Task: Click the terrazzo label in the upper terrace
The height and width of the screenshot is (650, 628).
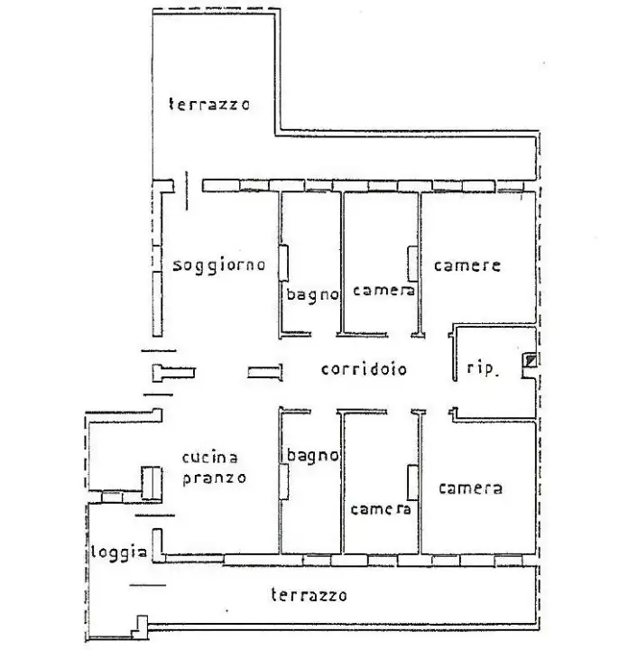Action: click(209, 104)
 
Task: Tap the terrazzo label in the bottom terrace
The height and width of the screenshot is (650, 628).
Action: click(309, 595)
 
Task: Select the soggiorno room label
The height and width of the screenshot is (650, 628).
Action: click(218, 265)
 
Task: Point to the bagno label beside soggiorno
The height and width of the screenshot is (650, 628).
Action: click(312, 294)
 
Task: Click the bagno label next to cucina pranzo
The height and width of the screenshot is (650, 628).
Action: click(312, 455)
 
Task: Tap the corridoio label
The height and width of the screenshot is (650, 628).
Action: click(364, 369)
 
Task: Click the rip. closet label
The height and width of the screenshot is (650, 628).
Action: click(480, 368)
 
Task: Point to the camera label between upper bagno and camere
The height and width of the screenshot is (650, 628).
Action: click(383, 291)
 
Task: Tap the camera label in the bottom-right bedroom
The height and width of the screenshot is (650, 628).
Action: click(470, 488)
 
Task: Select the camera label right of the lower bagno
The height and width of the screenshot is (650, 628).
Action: click(380, 509)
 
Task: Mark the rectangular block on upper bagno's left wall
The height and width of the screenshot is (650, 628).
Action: click(283, 264)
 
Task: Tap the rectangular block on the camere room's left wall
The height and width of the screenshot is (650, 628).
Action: click(411, 263)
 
